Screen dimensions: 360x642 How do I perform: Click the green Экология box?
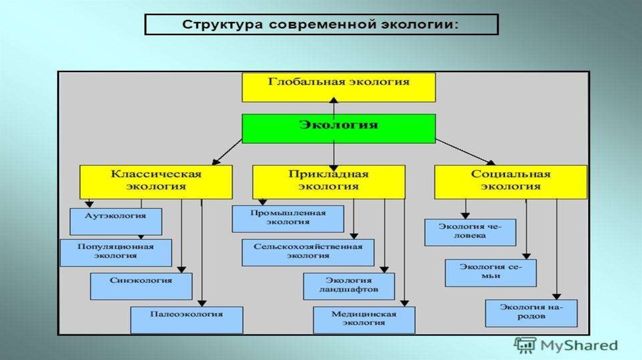click(x=339, y=128)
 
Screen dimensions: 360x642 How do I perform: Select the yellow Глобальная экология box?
click(x=339, y=87)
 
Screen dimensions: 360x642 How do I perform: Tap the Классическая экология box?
click(x=156, y=181)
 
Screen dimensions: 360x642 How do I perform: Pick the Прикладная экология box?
click(x=328, y=181)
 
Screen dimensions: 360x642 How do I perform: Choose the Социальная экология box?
click(x=510, y=181)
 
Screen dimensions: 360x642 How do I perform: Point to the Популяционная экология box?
click(x=115, y=252)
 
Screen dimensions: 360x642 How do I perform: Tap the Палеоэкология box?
click(x=186, y=319)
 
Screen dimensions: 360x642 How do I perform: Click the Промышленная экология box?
click(x=288, y=218)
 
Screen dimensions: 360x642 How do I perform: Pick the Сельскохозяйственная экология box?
click(x=308, y=252)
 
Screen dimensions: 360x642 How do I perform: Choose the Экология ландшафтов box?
click(x=349, y=286)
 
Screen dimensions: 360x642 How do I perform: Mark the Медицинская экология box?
click(x=364, y=319)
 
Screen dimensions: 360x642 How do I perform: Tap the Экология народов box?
click(x=531, y=312)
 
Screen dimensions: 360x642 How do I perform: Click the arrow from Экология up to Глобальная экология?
click(x=334, y=108)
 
